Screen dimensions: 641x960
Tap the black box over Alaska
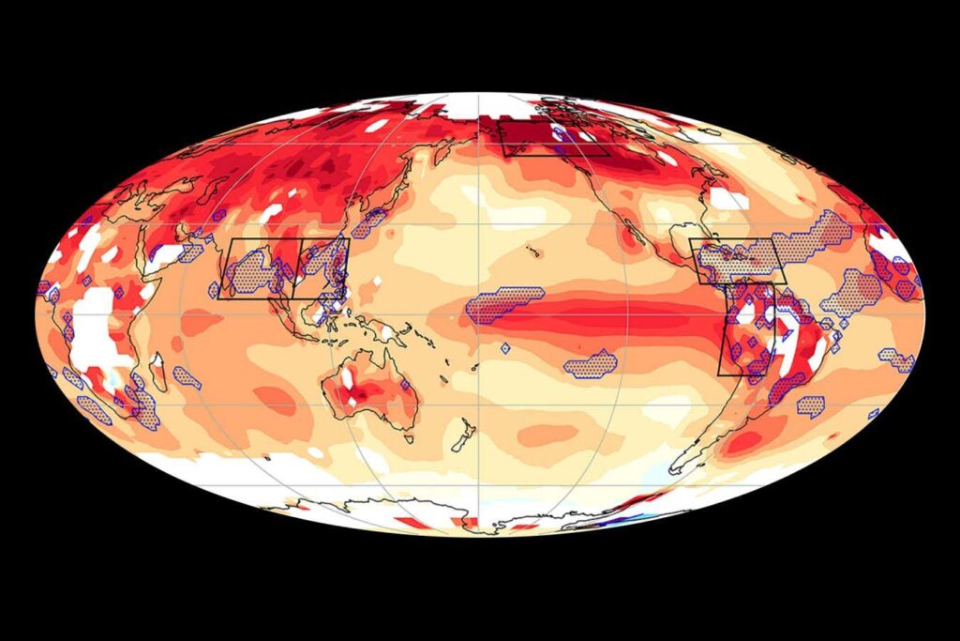click(x=553, y=137)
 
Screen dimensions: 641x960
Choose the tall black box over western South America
click(x=747, y=328)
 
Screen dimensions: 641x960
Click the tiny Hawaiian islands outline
click(x=531, y=251)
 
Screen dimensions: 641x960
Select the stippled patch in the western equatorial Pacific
click(x=504, y=305)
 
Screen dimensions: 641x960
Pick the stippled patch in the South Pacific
click(x=590, y=363)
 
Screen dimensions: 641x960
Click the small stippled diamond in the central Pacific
click(x=505, y=348)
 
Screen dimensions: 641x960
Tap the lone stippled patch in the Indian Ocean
click(x=187, y=377)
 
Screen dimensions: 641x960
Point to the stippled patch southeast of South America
click(x=810, y=405)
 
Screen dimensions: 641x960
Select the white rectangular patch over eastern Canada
click(x=729, y=198)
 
